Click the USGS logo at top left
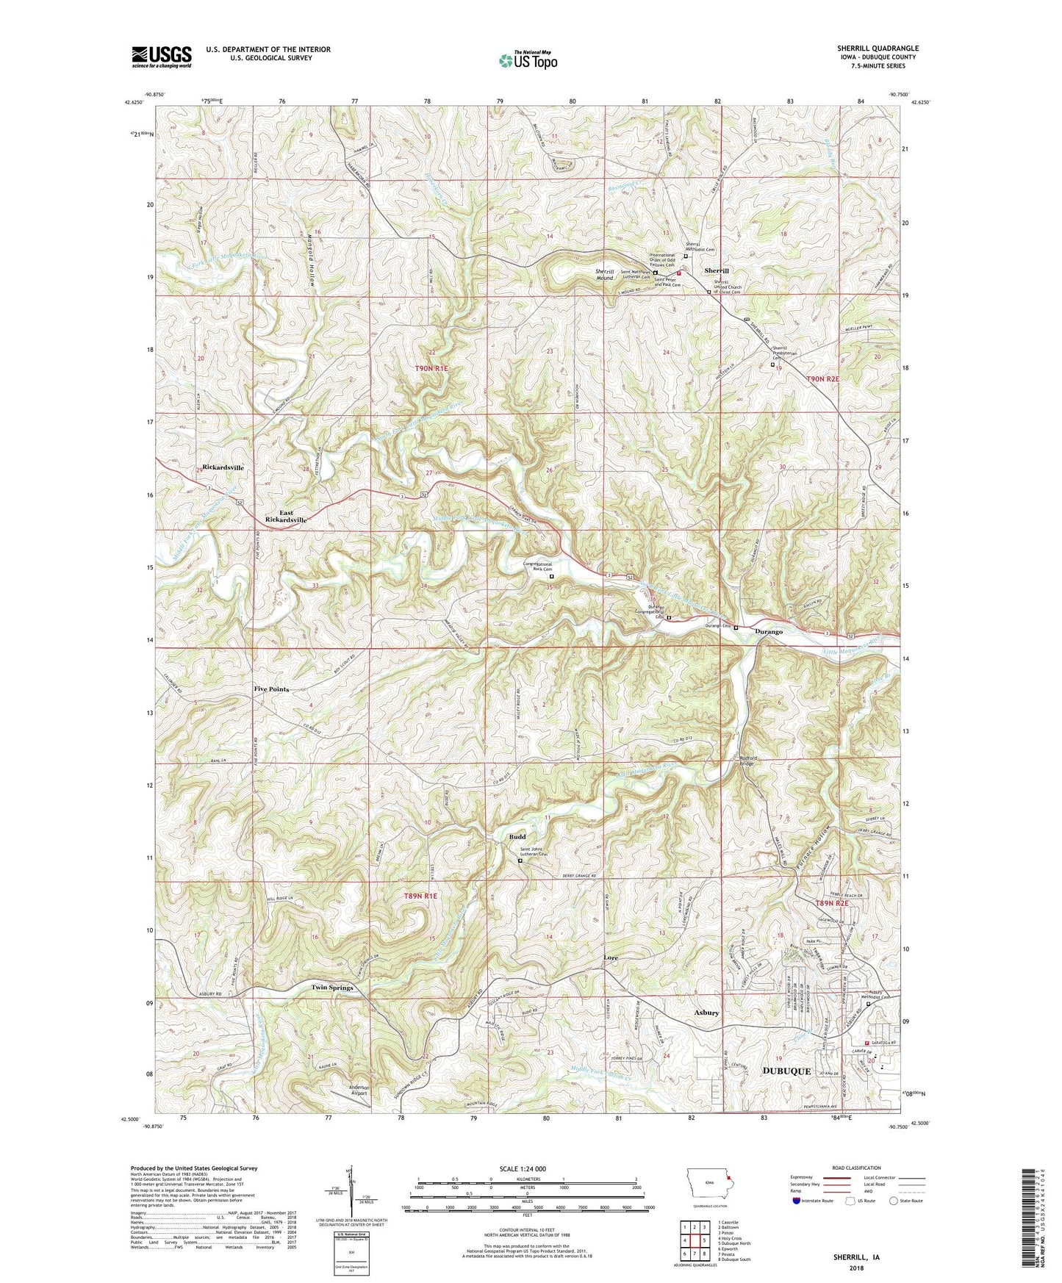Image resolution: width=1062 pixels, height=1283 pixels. tap(162, 57)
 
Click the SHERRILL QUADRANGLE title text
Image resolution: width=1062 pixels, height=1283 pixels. tap(878, 48)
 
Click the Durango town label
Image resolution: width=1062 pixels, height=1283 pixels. tap(769, 631)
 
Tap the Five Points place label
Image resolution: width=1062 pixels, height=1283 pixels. tap(271, 689)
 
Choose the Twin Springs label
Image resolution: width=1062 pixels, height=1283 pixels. tap(332, 988)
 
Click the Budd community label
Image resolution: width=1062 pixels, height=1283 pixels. tap(517, 837)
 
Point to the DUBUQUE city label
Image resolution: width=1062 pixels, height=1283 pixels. tap(786, 1071)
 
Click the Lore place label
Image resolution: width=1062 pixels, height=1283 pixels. tap(611, 958)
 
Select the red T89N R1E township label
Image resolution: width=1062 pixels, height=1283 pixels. tap(420, 896)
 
